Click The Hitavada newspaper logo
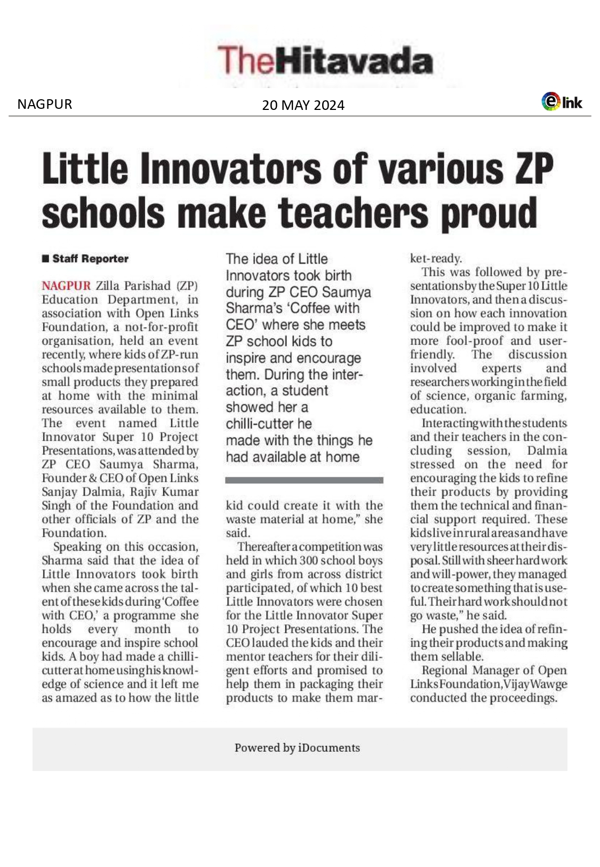click(x=325, y=60)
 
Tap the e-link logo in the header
click(x=562, y=101)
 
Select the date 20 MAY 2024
click(x=303, y=105)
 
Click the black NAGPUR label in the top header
click(x=44, y=104)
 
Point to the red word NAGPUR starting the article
click(x=66, y=286)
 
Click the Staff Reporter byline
click(x=90, y=259)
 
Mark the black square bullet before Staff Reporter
click(x=45, y=259)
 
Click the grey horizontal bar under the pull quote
click(x=304, y=480)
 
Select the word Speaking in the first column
click(x=77, y=547)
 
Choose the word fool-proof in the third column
click(x=475, y=341)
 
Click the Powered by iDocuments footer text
click(x=297, y=748)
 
